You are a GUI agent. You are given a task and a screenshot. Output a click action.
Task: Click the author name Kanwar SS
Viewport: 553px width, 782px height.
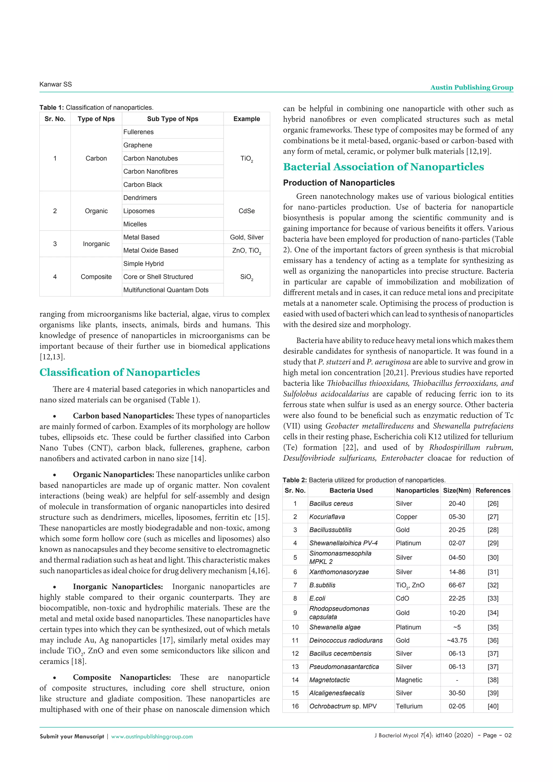56,84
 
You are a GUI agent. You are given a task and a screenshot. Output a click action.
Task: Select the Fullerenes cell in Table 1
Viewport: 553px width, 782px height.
138,132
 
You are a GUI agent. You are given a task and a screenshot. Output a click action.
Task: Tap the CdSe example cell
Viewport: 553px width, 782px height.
247,211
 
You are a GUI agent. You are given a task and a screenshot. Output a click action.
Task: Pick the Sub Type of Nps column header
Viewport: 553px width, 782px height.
172,119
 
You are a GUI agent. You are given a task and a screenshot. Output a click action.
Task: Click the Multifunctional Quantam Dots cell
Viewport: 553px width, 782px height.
166,290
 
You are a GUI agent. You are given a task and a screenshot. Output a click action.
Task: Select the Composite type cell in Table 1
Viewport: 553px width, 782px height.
96,277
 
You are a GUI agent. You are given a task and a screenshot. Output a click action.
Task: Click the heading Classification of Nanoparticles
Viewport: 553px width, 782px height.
120,372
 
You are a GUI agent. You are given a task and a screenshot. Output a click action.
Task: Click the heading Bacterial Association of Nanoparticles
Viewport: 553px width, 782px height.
383,167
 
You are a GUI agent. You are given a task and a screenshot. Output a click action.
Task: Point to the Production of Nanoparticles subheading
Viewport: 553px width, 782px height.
339,183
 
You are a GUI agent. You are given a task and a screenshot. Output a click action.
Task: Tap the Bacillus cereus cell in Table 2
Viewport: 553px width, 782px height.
331,503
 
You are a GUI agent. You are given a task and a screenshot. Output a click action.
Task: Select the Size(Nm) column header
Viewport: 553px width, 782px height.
457,490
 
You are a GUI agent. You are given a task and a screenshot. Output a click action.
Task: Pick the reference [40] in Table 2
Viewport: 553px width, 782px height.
493,706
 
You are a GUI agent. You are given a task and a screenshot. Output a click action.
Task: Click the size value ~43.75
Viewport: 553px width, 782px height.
457,640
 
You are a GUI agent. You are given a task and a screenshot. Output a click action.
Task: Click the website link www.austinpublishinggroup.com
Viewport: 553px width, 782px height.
152,736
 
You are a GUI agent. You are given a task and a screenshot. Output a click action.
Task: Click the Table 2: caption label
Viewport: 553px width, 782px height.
295,480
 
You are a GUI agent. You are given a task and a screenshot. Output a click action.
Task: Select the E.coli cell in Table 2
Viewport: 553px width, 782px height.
317,598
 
